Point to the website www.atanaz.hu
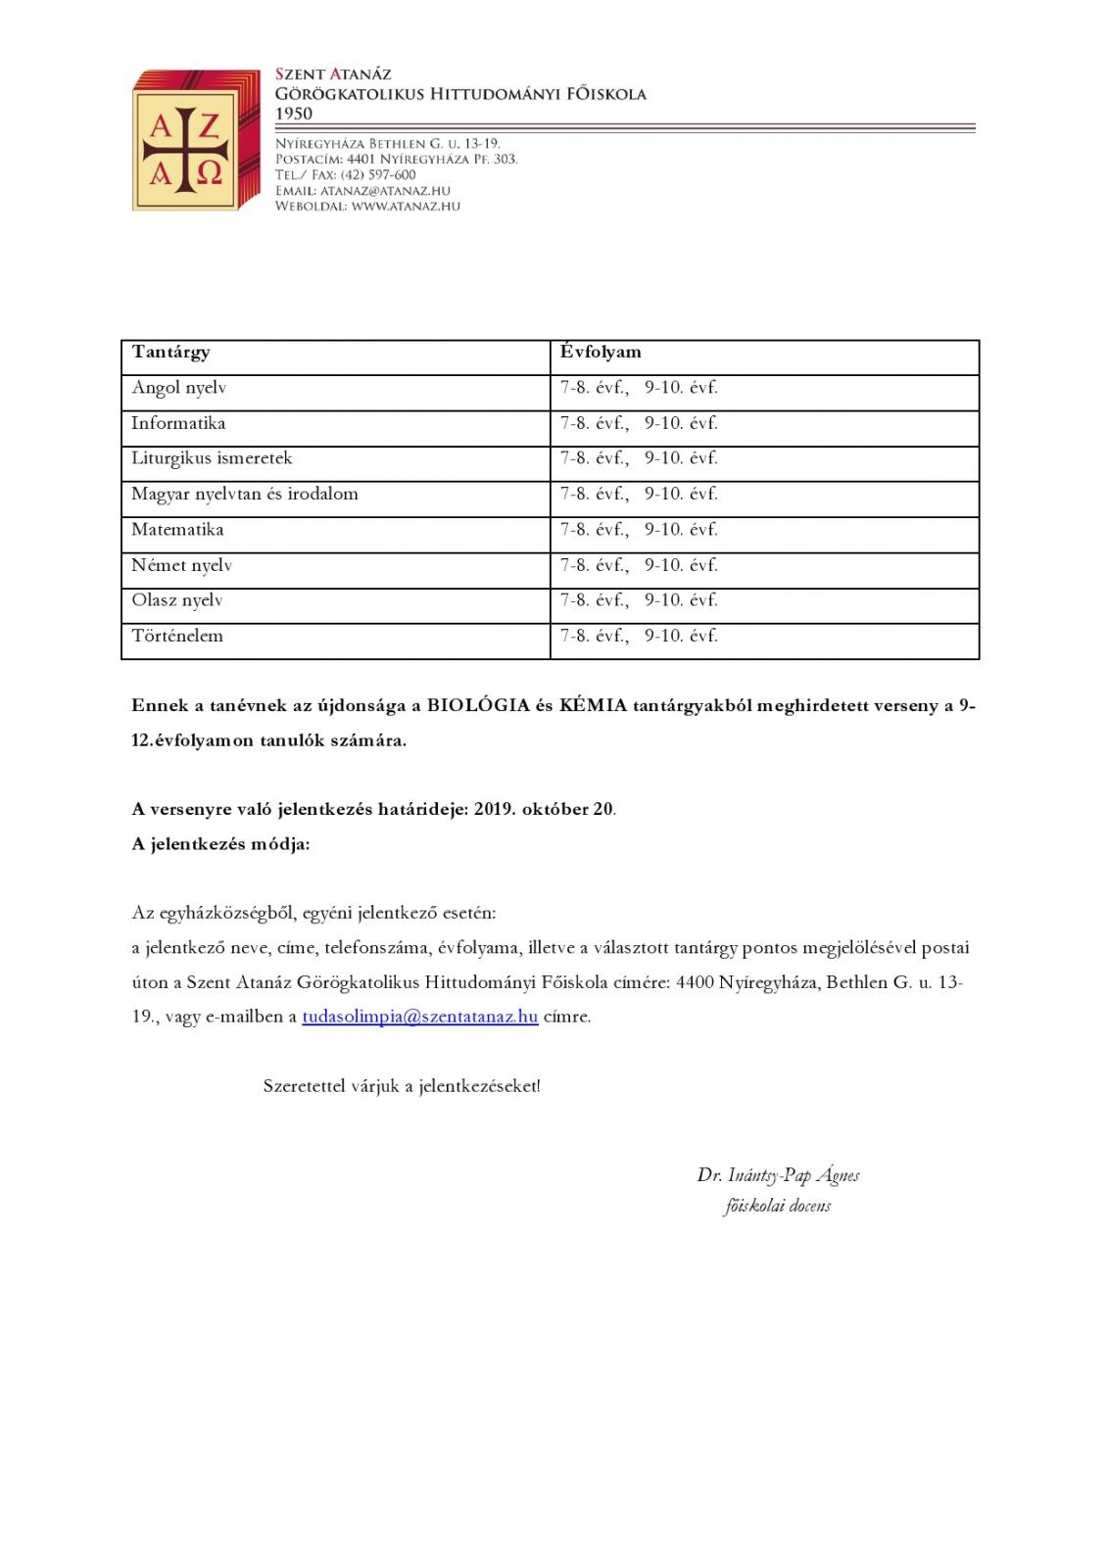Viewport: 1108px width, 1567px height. pyautogui.click(x=405, y=207)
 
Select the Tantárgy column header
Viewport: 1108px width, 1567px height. pyautogui.click(x=170, y=353)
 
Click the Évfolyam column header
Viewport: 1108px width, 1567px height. pyautogui.click(x=601, y=353)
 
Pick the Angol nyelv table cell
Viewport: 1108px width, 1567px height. pyautogui.click(x=179, y=388)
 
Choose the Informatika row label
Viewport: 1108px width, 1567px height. pyautogui.click(x=178, y=423)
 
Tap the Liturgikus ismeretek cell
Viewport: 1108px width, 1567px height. pyautogui.click(x=212, y=458)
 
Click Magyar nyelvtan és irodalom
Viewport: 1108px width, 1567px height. pyautogui.click(x=245, y=495)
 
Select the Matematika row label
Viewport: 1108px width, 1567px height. pyautogui.click(x=177, y=530)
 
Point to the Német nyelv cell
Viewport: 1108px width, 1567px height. pyautogui.click(x=181, y=566)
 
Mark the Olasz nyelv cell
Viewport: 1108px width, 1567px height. pyautogui.click(x=177, y=600)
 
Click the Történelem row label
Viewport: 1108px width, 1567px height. pyautogui.click(x=177, y=637)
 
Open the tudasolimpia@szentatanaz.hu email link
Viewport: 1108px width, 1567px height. pyautogui.click(x=420, y=1017)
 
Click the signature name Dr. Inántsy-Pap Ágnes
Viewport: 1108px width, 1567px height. pyautogui.click(x=778, y=1175)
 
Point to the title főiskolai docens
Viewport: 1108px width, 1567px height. pyautogui.click(x=778, y=1207)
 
